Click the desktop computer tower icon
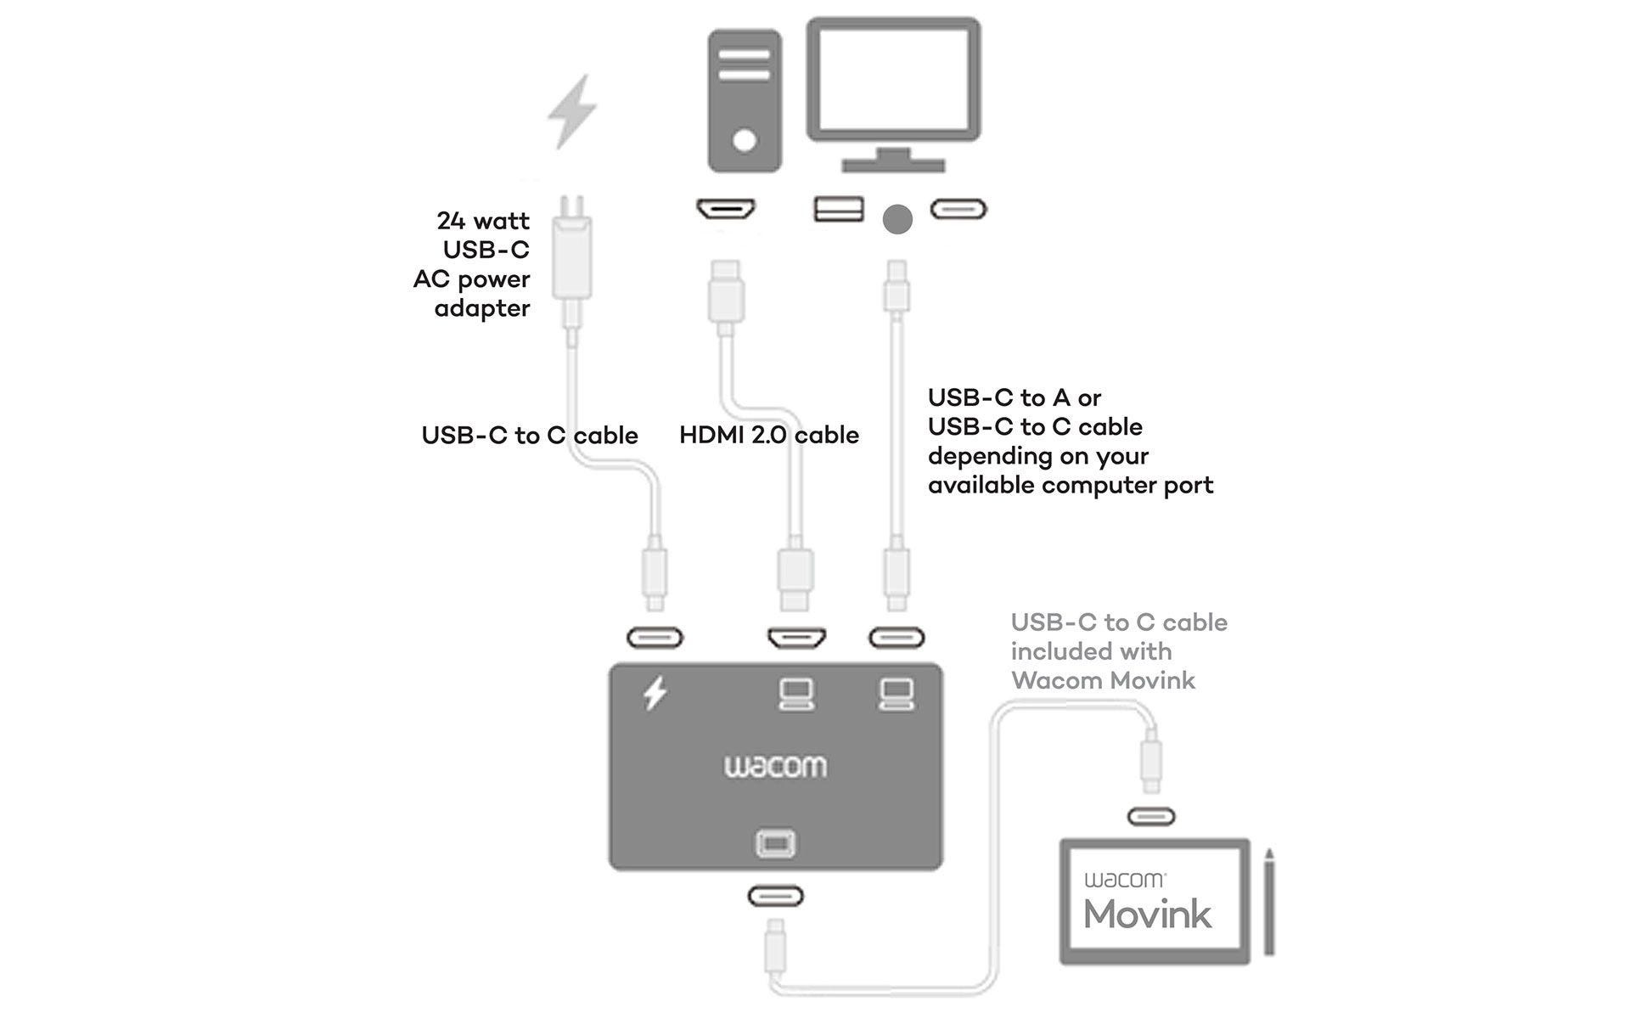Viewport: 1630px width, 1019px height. [x=745, y=100]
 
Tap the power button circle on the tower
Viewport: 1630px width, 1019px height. [x=745, y=140]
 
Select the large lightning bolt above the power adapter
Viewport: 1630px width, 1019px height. [x=572, y=111]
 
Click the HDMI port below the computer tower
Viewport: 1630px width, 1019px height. [x=726, y=209]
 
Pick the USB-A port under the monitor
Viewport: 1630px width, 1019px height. [x=839, y=209]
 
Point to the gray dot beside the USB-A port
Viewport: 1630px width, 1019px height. [x=897, y=219]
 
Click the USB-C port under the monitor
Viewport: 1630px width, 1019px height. [x=958, y=209]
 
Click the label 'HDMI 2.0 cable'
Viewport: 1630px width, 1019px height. [x=769, y=435]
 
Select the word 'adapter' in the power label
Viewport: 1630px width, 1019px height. [x=482, y=308]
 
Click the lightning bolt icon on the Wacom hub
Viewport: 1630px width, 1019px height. [x=655, y=694]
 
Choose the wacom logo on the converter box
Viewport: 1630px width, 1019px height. [x=775, y=767]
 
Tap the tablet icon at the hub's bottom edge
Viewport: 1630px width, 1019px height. [x=775, y=843]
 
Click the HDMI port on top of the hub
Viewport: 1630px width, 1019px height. [x=796, y=638]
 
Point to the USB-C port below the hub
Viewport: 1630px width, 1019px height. [x=775, y=897]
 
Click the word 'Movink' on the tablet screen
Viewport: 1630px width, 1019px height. [x=1148, y=915]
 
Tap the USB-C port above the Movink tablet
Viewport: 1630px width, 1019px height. [x=1151, y=817]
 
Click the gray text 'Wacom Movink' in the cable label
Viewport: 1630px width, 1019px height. [x=1103, y=681]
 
